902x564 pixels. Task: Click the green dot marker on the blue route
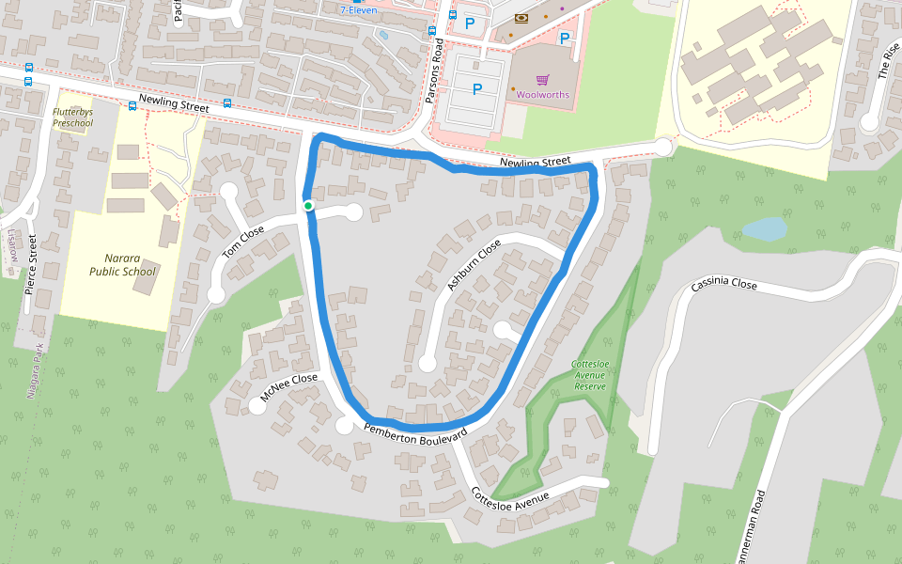coord(307,205)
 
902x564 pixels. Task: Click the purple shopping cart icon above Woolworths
coord(541,80)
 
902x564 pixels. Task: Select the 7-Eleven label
coord(357,9)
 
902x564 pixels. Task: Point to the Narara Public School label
coord(122,264)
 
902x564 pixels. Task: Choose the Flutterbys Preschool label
coord(73,117)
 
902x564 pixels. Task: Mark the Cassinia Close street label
coord(723,284)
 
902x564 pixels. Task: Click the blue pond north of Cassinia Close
coord(764,229)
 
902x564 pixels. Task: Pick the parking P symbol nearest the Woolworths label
coord(477,89)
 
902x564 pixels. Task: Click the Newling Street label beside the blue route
coord(535,163)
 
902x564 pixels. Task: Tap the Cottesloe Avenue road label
coord(509,495)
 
